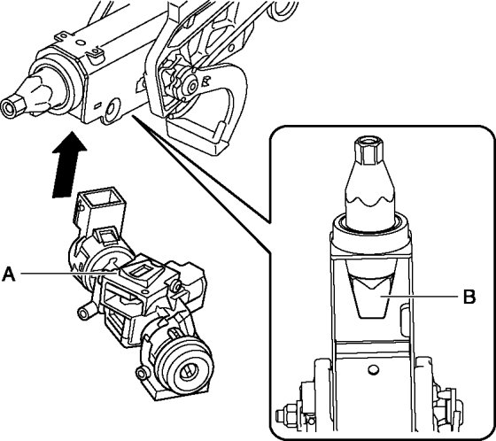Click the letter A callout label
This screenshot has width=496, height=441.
[9, 274]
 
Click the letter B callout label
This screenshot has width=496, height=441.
[469, 297]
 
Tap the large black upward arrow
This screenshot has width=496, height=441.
[67, 165]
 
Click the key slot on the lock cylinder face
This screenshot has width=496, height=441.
[189, 372]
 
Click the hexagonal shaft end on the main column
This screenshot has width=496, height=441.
[13, 106]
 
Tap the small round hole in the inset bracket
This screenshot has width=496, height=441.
[373, 369]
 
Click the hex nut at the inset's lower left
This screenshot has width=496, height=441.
[287, 414]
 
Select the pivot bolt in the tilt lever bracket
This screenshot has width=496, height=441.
[190, 84]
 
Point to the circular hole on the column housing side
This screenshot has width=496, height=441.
[112, 109]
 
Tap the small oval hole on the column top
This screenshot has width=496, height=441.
[80, 43]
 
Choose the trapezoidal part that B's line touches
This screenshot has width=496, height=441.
[371, 296]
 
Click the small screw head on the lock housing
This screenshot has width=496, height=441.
[177, 287]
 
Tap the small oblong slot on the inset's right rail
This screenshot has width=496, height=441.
[404, 320]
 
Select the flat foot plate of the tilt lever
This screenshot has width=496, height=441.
[196, 139]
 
